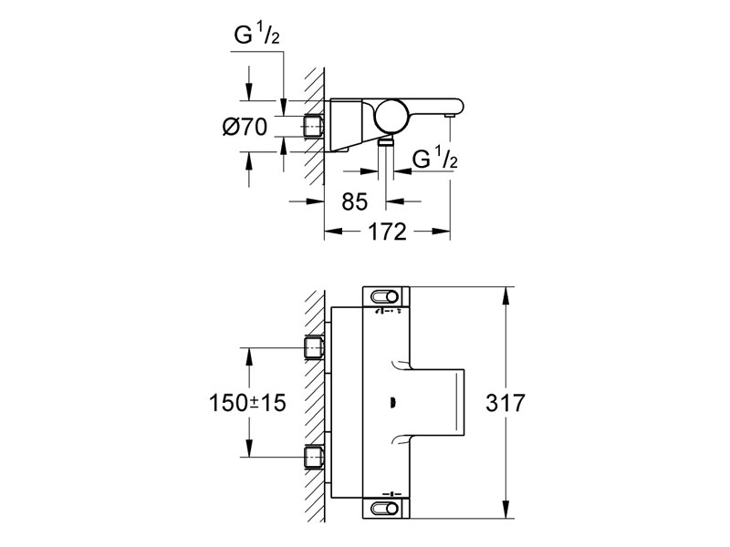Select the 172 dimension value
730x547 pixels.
[x=388, y=232]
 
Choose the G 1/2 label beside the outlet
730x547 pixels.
[x=433, y=160]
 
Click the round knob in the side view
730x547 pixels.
[x=391, y=118]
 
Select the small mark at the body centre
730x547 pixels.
[x=391, y=402]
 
